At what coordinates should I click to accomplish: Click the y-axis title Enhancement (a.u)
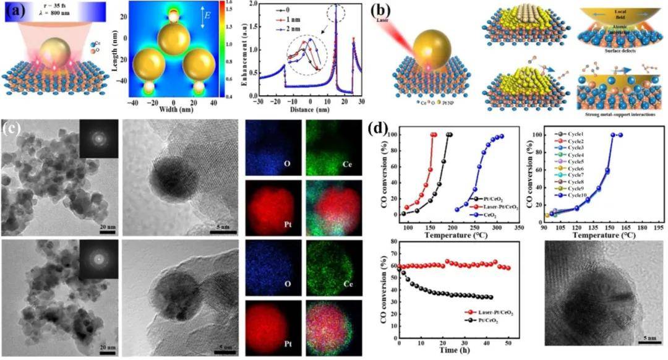click(x=245, y=49)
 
